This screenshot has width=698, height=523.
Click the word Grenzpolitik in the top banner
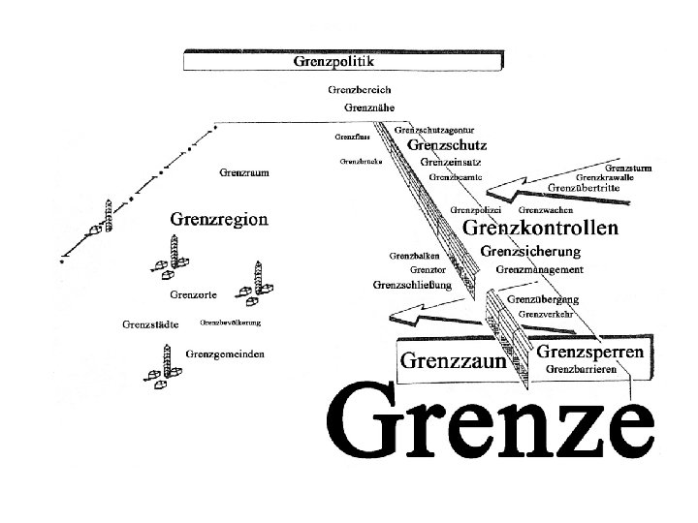point(333,60)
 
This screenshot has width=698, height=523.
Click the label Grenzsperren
point(588,352)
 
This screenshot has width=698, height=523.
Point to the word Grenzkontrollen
point(541,229)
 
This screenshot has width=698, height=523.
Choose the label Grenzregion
point(219,219)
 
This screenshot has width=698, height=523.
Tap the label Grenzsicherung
point(531,251)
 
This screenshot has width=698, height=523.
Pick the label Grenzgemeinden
point(225,354)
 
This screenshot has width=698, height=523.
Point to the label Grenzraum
point(244,172)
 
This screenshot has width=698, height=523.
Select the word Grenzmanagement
point(539,269)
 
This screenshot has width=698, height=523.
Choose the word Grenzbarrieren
point(583,369)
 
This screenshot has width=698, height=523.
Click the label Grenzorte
point(193,293)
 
